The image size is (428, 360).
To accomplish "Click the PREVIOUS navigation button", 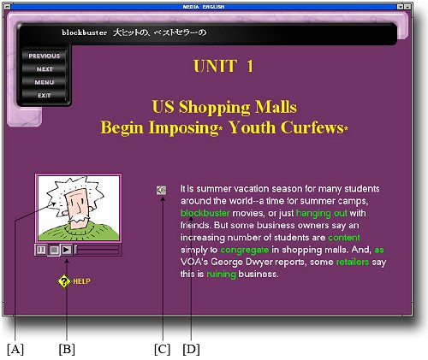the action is [45, 56].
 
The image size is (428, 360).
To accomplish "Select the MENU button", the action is [45, 82].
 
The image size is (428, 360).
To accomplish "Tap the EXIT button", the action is [45, 96].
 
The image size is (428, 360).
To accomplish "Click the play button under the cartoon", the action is [67, 250].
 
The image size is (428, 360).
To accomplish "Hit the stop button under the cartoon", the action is [54, 250].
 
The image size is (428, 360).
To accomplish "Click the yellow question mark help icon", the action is [64, 281].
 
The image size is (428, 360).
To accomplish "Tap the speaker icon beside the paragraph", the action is [161, 190].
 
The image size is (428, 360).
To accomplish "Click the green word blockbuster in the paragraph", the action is [205, 213].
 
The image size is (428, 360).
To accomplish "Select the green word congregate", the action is [245, 250].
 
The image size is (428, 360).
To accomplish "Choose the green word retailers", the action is [353, 262].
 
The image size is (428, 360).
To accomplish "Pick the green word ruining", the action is [221, 274].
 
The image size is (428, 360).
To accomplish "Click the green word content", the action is [344, 238].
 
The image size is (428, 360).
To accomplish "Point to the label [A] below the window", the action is [15, 349].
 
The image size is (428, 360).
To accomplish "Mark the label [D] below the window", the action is [191, 349].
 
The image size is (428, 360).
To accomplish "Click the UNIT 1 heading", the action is [223, 66].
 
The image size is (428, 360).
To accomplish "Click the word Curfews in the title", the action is [312, 127].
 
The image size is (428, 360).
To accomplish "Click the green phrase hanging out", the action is [322, 214].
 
